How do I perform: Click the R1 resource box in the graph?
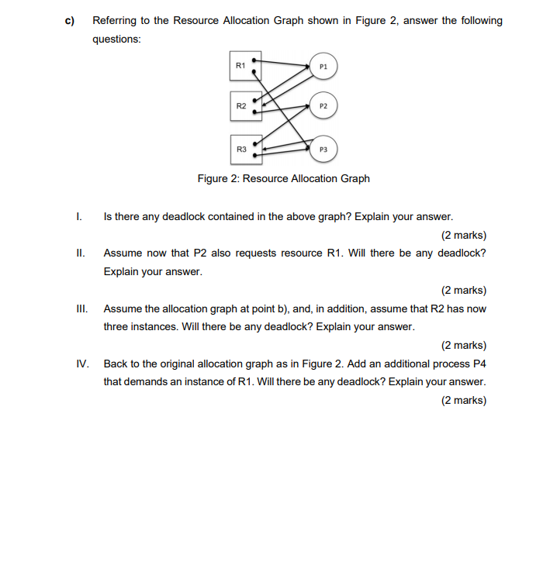(245, 67)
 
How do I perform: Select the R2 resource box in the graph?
(245, 108)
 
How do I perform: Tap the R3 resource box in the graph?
(245, 150)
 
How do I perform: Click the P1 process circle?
(323, 67)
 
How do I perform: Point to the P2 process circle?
(323, 105)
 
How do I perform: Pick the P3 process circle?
(323, 149)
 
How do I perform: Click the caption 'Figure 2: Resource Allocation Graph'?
(283, 179)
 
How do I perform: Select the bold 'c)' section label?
(69, 21)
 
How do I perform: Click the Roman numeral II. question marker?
(81, 253)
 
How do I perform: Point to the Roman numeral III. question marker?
(81, 308)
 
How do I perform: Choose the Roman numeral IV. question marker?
(82, 364)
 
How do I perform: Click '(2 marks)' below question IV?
(463, 401)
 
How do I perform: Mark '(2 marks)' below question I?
(463, 236)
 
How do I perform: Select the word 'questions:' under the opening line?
(116, 40)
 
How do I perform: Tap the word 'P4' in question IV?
(479, 364)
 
